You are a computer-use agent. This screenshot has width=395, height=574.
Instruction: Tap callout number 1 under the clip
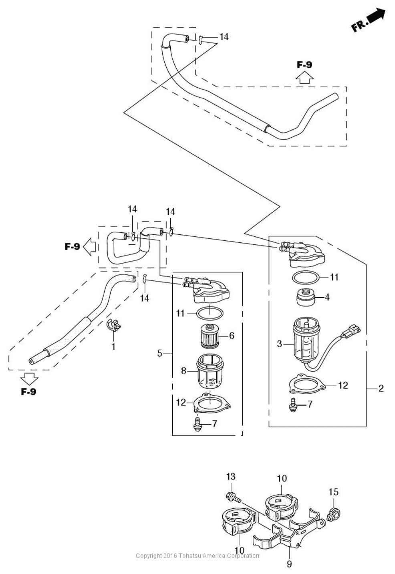pos(113,347)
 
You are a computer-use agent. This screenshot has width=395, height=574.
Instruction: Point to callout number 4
pos(327,298)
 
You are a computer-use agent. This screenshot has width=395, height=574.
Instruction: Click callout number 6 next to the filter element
pos(232,336)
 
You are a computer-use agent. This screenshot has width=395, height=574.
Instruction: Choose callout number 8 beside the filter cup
pos(183,371)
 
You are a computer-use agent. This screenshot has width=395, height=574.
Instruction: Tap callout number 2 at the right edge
pos(381,389)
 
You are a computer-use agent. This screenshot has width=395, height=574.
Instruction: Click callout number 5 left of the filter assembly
pos(160,354)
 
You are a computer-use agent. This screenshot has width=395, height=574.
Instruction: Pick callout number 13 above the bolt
pos(231,476)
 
